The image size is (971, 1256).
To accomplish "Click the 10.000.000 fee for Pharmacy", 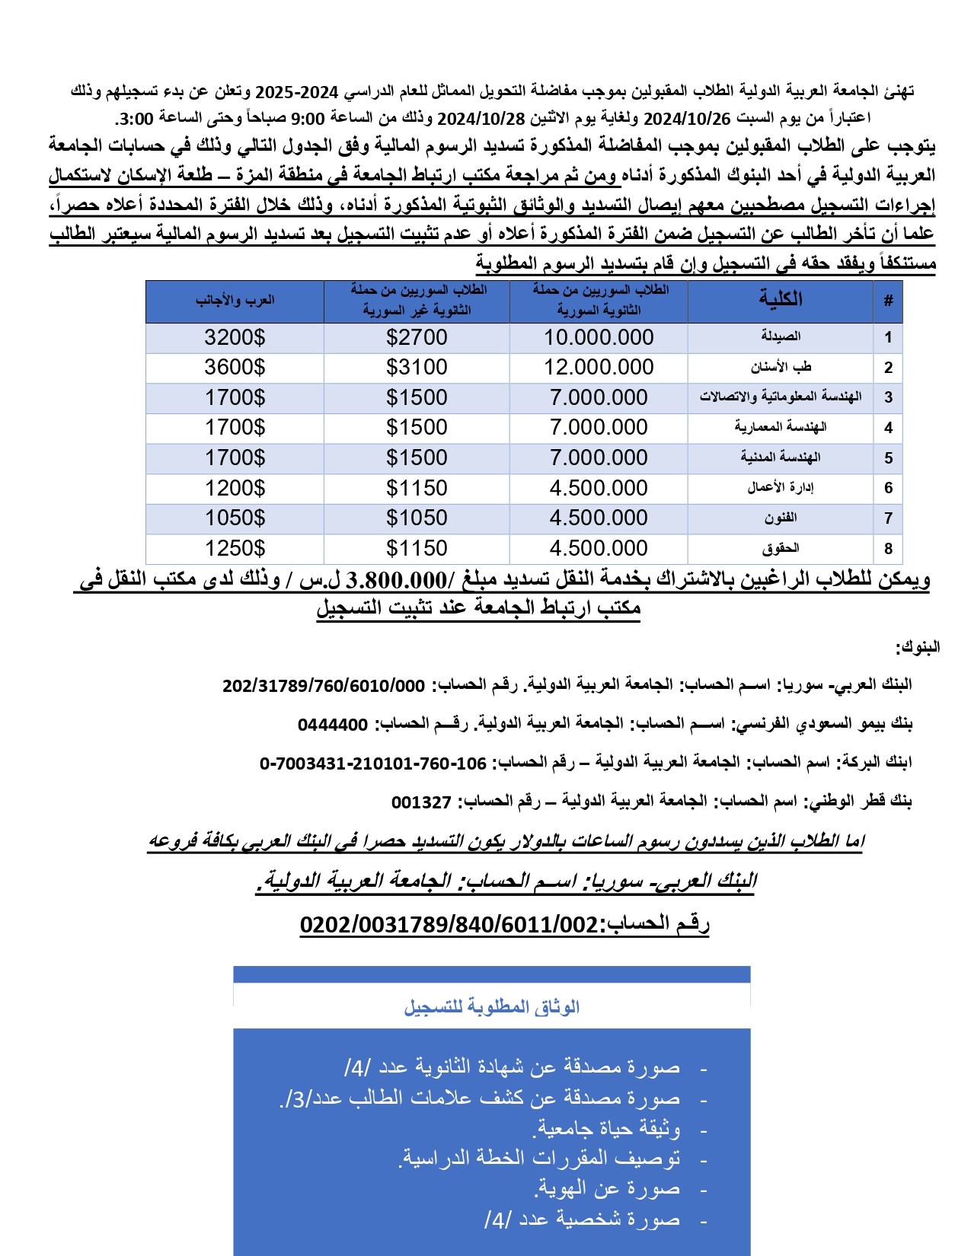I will pyautogui.click(x=599, y=337).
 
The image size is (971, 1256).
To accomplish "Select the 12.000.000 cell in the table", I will pyautogui.click(x=599, y=367).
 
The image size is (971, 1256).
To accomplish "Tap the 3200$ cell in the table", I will pyautogui.click(x=235, y=337).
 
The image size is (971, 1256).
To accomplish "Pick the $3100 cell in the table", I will pyautogui.click(x=417, y=367).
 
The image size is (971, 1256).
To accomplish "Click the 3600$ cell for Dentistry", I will pyautogui.click(x=235, y=367).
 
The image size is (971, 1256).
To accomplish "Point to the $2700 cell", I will pyautogui.click(x=417, y=337).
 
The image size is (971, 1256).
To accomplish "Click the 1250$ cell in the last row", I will pyautogui.click(x=235, y=548).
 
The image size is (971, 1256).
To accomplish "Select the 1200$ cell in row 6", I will pyautogui.click(x=235, y=488).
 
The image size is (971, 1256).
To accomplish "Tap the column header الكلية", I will pyautogui.click(x=781, y=299).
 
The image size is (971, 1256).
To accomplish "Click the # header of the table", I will pyautogui.click(x=888, y=301).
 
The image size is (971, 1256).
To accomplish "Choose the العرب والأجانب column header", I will pyautogui.click(x=235, y=300).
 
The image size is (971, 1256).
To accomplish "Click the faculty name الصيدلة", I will pyautogui.click(x=781, y=336).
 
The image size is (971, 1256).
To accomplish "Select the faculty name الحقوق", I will pyautogui.click(x=781, y=548).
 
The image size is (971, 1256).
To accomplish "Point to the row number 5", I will pyautogui.click(x=888, y=458).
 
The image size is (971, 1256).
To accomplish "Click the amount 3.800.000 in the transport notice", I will pyautogui.click(x=396, y=581).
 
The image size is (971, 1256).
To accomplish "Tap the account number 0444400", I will pyautogui.click(x=333, y=725).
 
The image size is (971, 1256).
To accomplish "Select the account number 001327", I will pyautogui.click(x=421, y=802).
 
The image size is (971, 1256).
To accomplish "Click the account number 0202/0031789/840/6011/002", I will pyautogui.click(x=449, y=925).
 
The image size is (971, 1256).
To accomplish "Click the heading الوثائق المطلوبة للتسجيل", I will pyautogui.click(x=492, y=1007).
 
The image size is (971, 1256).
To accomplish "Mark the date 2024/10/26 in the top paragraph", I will pyautogui.click(x=687, y=119).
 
